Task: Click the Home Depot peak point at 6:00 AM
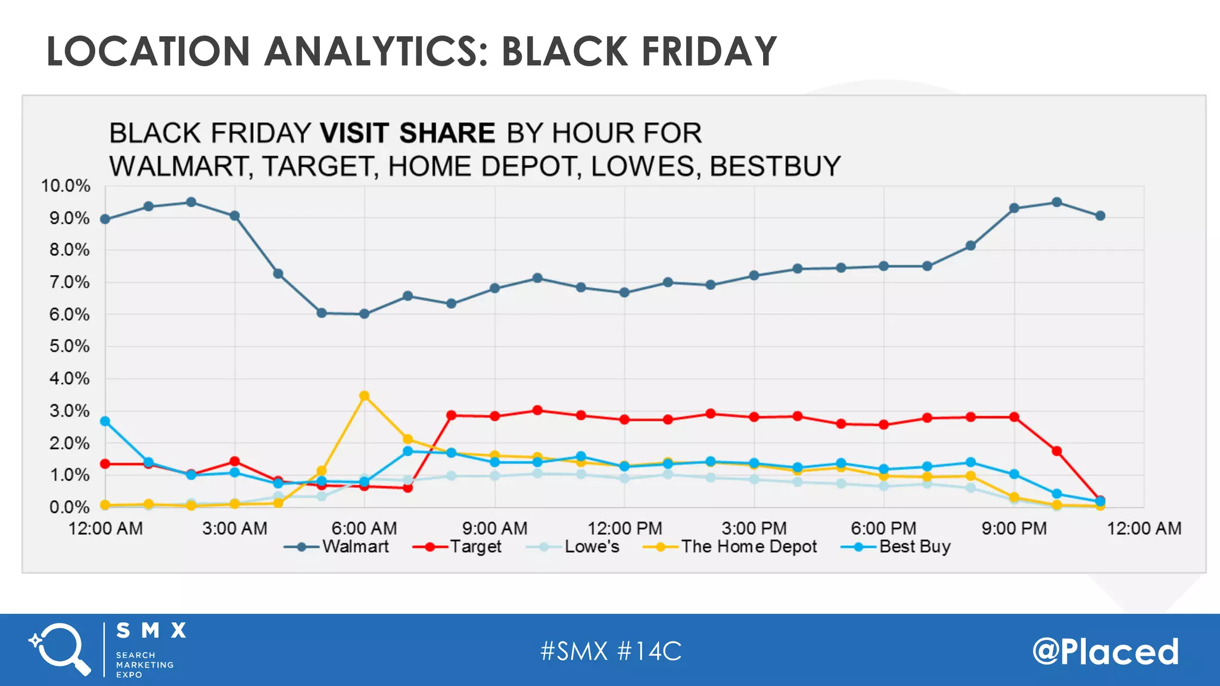tap(365, 396)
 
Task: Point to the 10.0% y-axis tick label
tap(66, 186)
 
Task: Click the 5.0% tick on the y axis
tap(69, 347)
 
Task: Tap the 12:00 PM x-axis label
tap(624, 528)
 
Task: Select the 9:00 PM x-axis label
tap(1014, 528)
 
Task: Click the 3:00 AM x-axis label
tap(235, 528)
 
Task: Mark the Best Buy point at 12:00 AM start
tap(105, 421)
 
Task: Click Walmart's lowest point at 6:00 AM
tap(365, 314)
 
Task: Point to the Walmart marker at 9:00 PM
tap(1014, 208)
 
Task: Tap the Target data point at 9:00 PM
tap(1014, 417)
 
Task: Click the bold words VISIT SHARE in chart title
tap(407, 133)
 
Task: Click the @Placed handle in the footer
tap(1106, 651)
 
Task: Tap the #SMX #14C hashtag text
tap(611, 651)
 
